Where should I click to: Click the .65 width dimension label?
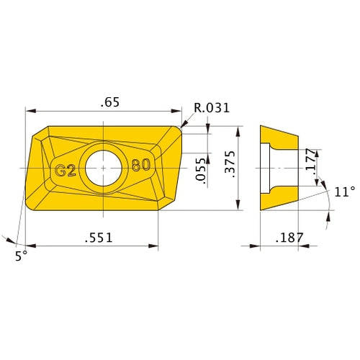110,102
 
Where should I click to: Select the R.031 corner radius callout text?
212,108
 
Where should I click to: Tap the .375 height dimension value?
229,164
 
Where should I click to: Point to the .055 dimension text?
201,171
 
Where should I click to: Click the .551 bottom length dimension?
99,238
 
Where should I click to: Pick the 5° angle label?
21,256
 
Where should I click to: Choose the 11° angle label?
345,192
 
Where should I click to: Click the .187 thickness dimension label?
289,238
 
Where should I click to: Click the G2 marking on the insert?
66,171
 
